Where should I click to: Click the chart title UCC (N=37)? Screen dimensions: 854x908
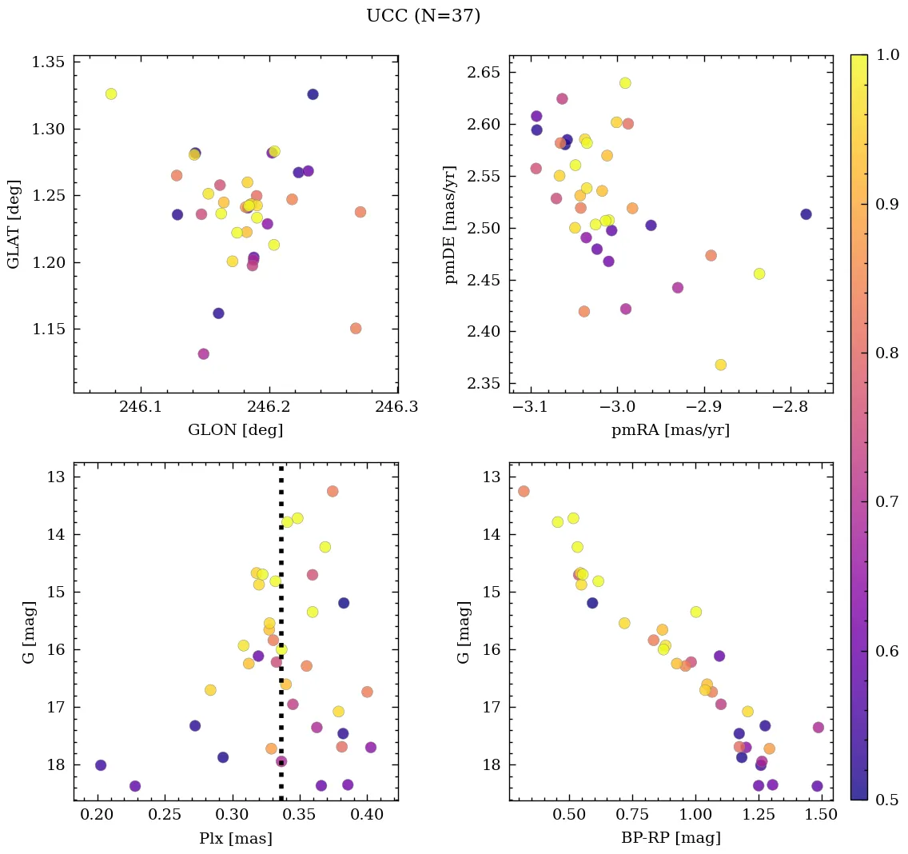click(x=423, y=16)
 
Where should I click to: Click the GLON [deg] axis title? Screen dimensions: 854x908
click(x=235, y=430)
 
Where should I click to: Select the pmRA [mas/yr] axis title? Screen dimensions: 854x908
click(x=671, y=430)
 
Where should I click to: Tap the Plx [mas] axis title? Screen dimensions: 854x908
click(x=235, y=838)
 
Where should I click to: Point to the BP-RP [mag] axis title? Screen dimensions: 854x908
click(x=671, y=838)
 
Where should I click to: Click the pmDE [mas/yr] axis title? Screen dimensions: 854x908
click(x=451, y=225)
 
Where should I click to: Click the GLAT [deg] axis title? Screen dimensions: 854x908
click(x=14, y=225)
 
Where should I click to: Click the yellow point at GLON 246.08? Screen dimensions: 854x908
click(x=111, y=94)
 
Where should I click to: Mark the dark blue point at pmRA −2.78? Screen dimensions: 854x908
click(x=806, y=214)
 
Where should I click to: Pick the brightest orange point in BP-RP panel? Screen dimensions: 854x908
click(x=524, y=491)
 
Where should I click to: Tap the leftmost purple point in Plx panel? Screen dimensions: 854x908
click(x=101, y=765)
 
